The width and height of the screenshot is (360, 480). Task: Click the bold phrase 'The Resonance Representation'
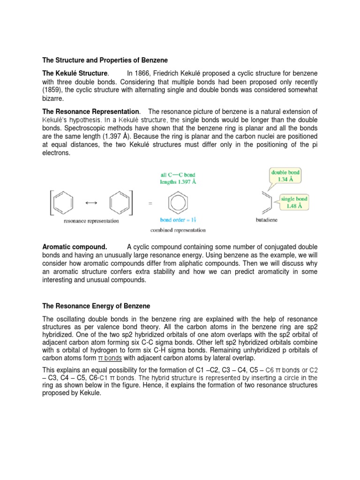(91, 112)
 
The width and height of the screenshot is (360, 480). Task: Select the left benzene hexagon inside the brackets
(64, 202)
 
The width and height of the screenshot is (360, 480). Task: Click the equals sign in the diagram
(150, 203)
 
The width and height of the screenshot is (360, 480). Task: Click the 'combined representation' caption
(178, 230)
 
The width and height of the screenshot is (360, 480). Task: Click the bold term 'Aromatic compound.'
(75, 247)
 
